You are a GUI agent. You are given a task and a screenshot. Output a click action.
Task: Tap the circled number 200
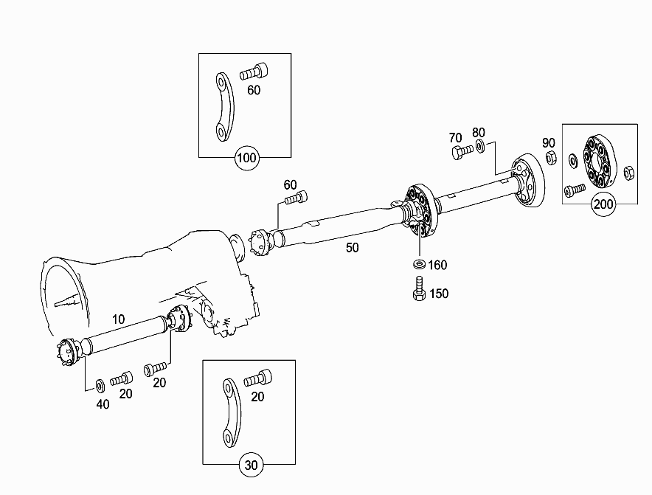[603, 204]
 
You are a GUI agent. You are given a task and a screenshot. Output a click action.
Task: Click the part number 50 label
[353, 248]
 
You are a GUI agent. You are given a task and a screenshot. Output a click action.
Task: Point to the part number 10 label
[118, 319]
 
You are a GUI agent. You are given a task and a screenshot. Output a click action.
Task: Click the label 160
[438, 265]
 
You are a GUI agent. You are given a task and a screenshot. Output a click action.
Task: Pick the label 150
[439, 294]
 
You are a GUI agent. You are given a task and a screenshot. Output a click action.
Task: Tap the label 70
[455, 137]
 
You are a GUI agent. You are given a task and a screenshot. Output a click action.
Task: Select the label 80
[479, 132]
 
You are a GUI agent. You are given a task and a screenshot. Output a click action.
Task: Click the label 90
[548, 142]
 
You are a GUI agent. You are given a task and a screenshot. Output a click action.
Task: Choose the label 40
[103, 404]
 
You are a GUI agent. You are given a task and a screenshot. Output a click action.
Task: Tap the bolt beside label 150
[417, 288]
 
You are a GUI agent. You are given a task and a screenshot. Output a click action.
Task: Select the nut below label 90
[549, 157]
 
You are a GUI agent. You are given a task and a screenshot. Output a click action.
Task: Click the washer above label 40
[100, 385]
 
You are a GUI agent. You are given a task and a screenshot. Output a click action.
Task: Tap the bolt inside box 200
[573, 190]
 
